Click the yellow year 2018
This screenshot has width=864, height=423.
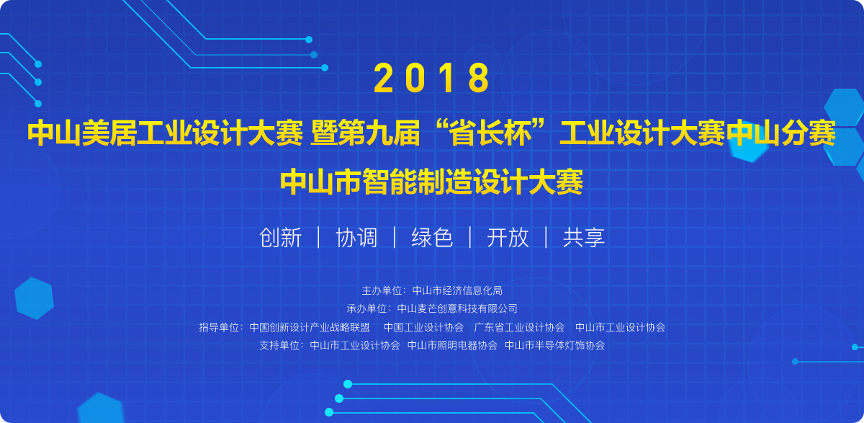point(431,78)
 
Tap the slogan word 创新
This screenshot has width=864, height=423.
point(280,237)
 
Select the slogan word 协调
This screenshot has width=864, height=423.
point(356,237)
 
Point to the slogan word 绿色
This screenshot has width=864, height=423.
point(432,237)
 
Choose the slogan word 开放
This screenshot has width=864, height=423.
point(508,237)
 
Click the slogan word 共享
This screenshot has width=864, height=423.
point(584,237)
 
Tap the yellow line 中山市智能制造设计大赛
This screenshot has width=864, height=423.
point(431,182)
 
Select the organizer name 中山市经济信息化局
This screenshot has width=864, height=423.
point(457,290)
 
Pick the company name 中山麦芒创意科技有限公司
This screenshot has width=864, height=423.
point(457,308)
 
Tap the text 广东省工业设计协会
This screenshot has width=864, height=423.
point(519,327)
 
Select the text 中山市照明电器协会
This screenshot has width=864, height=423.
point(452,345)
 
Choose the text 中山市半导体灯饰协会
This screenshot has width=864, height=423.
point(554,345)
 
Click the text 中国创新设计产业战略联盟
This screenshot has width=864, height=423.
point(310,327)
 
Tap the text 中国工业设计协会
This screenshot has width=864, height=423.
point(423,327)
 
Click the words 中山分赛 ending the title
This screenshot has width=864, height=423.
point(781,133)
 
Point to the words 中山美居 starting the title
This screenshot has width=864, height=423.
point(82,133)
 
